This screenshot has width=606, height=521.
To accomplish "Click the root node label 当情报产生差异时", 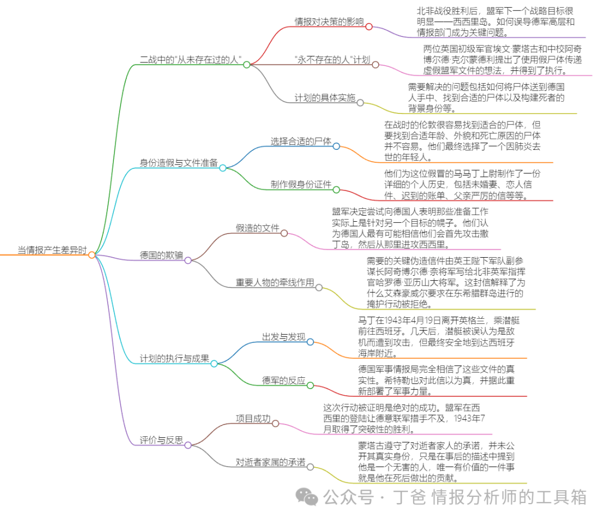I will (52, 250).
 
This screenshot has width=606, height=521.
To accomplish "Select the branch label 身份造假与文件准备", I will (178, 163).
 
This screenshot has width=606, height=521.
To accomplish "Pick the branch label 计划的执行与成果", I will (175, 359).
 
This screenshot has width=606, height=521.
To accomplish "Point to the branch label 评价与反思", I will (161, 440).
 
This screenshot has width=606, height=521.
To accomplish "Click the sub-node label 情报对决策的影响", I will (329, 22).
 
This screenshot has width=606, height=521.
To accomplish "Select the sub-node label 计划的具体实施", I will (325, 98).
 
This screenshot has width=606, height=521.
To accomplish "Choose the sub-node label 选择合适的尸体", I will (301, 141).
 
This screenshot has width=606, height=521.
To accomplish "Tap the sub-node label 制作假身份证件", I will (301, 185).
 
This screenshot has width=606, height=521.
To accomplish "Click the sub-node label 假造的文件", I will (257, 228).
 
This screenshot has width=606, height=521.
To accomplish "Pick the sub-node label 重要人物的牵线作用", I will (274, 283).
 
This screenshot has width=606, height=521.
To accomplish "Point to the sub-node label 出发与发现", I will (283, 337).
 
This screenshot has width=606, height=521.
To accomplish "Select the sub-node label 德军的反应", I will (283, 381).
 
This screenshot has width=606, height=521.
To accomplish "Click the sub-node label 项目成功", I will (253, 419).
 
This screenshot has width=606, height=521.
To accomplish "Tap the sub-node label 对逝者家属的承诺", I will (270, 462).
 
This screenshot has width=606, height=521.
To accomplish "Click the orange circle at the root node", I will (92, 255).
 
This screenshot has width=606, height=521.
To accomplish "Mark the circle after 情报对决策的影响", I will (369, 26).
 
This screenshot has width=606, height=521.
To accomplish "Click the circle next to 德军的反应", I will (310, 385).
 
